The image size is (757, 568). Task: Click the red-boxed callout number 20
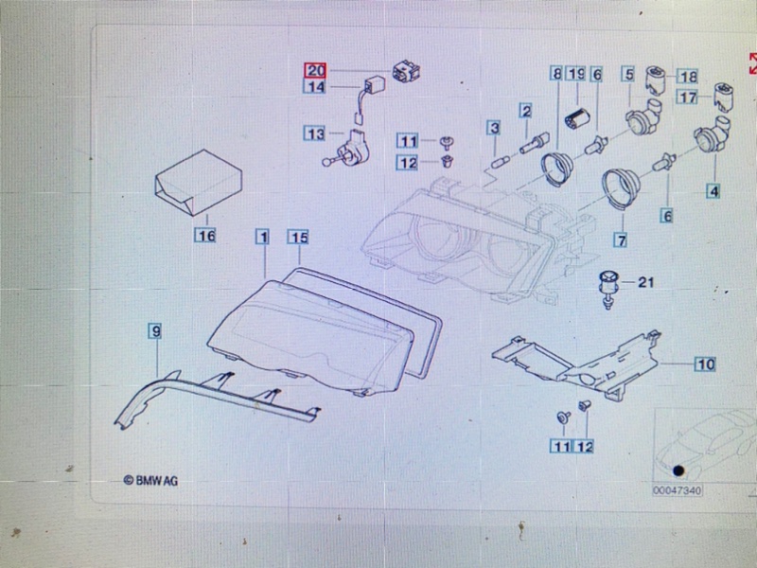pyautogui.click(x=314, y=70)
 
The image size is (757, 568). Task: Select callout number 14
pyautogui.click(x=314, y=87)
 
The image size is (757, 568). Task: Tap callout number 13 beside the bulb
pyautogui.click(x=314, y=133)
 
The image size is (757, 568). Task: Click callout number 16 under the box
pyautogui.click(x=205, y=234)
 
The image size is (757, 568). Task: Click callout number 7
pyautogui.click(x=621, y=240)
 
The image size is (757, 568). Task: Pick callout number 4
pyautogui.click(x=713, y=191)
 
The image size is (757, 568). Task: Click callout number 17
pyautogui.click(x=688, y=97)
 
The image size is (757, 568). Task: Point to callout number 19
pyautogui.click(x=577, y=73)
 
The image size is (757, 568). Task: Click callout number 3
pyautogui.click(x=494, y=127)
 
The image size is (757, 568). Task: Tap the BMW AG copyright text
pyautogui.click(x=151, y=481)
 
